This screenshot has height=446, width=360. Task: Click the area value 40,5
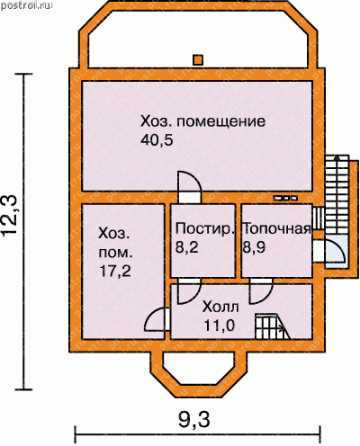(x=157, y=140)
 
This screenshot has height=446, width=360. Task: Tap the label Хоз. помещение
(x=202, y=122)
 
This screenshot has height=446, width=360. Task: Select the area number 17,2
(x=115, y=272)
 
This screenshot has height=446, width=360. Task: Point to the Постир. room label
(x=204, y=229)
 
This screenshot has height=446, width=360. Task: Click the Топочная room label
(x=276, y=229)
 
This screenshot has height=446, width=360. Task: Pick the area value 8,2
(x=186, y=247)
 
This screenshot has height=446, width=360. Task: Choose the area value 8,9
(x=254, y=247)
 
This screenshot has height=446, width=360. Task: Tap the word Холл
(x=220, y=307)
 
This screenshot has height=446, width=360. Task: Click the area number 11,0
(x=219, y=326)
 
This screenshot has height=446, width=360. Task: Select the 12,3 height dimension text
(x=11, y=215)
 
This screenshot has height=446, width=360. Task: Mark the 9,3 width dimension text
(x=193, y=420)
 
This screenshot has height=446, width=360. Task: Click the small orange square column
(x=198, y=59)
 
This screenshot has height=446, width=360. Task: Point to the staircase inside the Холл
(x=273, y=326)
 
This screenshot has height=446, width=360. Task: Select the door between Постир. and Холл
(x=189, y=291)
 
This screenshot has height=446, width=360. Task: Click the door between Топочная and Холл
(x=261, y=291)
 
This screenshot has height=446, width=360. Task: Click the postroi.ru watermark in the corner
(x=27, y=5)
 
